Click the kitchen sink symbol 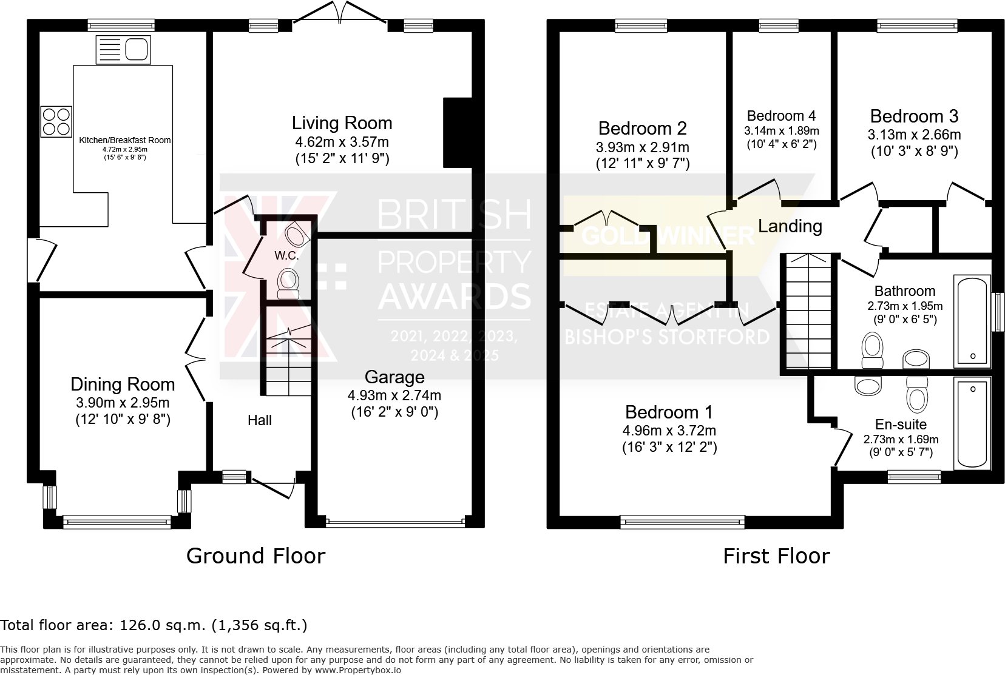pyautogui.click(x=123, y=49)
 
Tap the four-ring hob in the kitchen pyautogui.click(x=56, y=121)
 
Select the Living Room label pyautogui.click(x=342, y=123)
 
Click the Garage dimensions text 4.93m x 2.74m pyautogui.click(x=394, y=395)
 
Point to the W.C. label pyautogui.click(x=286, y=255)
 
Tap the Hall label pyautogui.click(x=260, y=420)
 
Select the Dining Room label pyautogui.click(x=123, y=384)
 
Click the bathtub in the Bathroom pyautogui.click(x=972, y=320)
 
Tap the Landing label pyautogui.click(x=790, y=226)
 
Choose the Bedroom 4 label pyautogui.click(x=781, y=116)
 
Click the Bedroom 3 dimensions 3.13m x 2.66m pyautogui.click(x=914, y=135)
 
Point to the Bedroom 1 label pyautogui.click(x=669, y=412)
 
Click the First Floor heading pyautogui.click(x=777, y=556)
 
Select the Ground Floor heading pyautogui.click(x=255, y=556)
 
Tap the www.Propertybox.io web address pyautogui.click(x=357, y=670)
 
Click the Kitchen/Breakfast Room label pyautogui.click(x=125, y=140)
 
